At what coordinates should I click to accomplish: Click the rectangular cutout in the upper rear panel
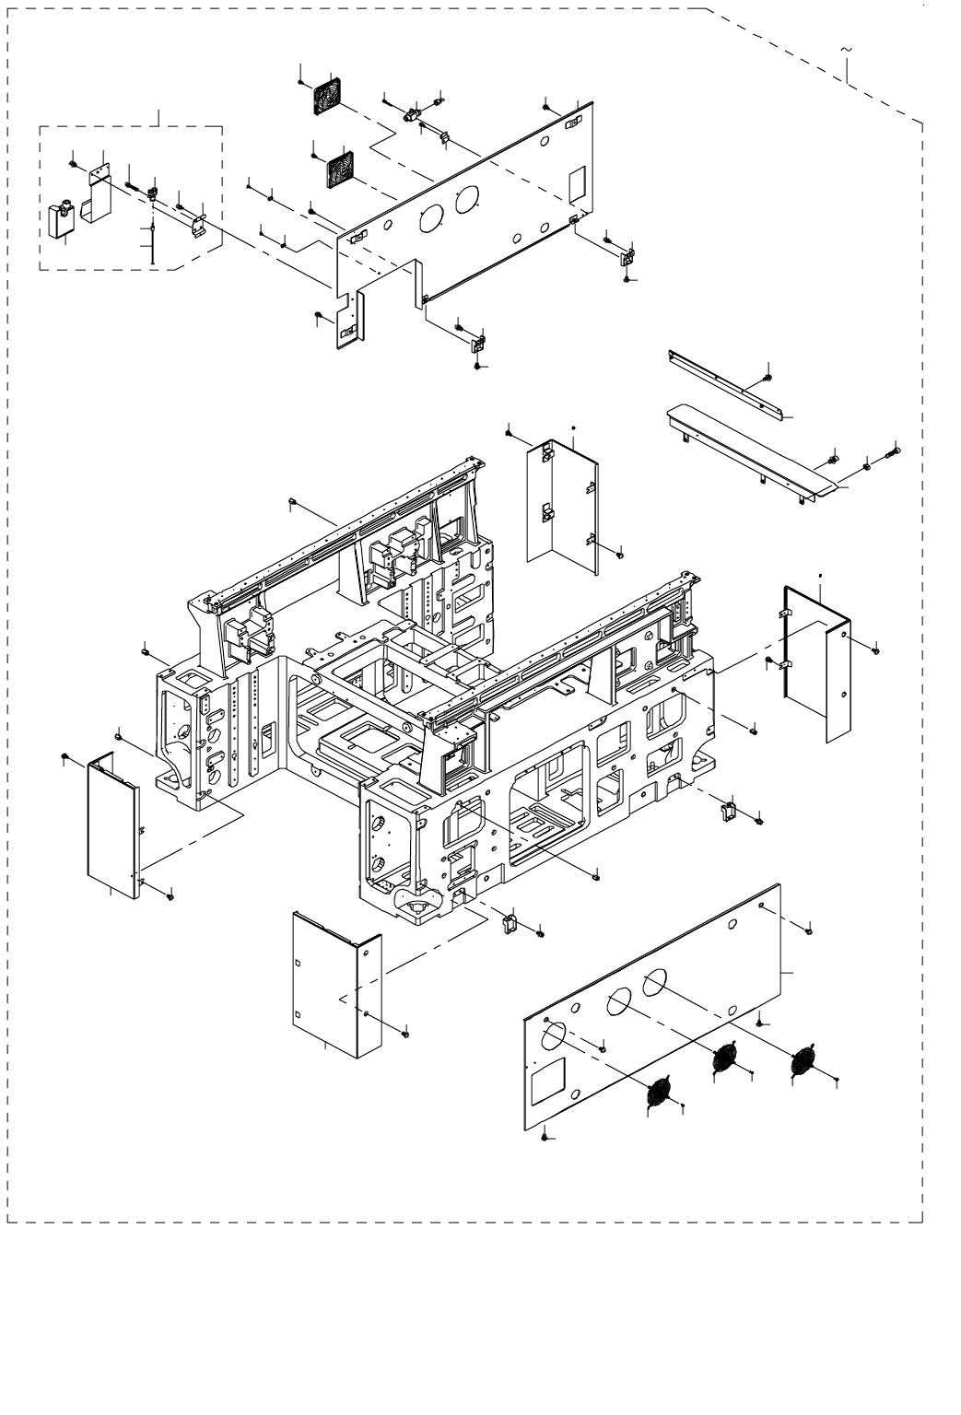[x=576, y=185]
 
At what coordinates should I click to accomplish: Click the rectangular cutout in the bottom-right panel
[x=548, y=1077]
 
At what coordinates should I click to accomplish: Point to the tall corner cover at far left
[x=111, y=824]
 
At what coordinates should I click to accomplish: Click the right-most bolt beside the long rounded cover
[x=893, y=452]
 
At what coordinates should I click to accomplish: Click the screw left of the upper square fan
[x=302, y=81]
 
